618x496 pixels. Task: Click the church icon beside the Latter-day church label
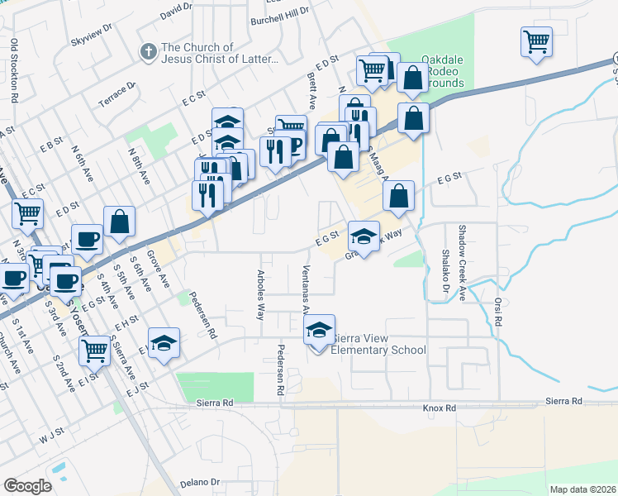point(149,53)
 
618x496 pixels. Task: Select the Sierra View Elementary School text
point(378,344)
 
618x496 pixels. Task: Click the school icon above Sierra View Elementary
point(320,331)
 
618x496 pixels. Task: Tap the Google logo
point(27,485)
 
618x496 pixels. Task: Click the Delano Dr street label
point(202,482)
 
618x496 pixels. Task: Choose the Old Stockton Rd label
point(14,64)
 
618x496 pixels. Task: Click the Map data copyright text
point(582,489)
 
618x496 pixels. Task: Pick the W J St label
point(51,437)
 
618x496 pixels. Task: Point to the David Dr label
point(176,11)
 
